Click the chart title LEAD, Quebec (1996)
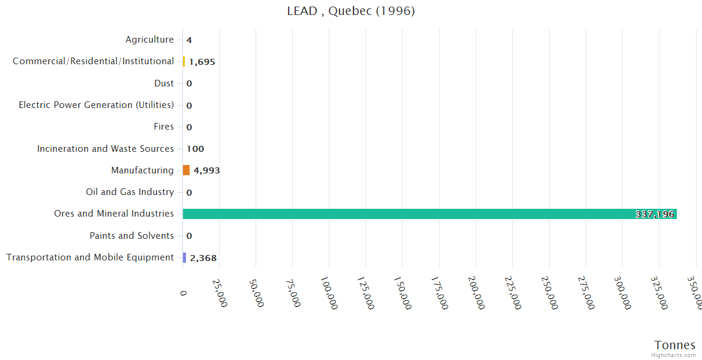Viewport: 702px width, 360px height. [351, 11]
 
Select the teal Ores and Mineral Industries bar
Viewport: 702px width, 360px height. [430, 214]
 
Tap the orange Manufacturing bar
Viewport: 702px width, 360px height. [186, 170]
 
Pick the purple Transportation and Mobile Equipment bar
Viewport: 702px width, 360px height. [185, 257]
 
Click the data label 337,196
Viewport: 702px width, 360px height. [655, 214]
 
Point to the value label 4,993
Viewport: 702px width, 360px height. [206, 170]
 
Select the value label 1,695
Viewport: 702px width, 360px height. [202, 62]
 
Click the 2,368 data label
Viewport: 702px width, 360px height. [203, 258]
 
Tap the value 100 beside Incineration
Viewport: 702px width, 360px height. [195, 149]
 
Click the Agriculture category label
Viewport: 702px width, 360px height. [149, 40]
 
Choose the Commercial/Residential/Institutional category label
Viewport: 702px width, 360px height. [93, 61]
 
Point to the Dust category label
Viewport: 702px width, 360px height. [164, 83]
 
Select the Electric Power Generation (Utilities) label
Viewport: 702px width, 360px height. [96, 105]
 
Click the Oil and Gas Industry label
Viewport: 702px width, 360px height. [130, 192]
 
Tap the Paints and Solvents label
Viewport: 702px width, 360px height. [131, 236]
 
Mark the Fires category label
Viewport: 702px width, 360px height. [164, 127]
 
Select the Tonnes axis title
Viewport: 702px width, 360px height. [675, 345]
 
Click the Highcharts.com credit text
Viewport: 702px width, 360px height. [674, 355]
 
